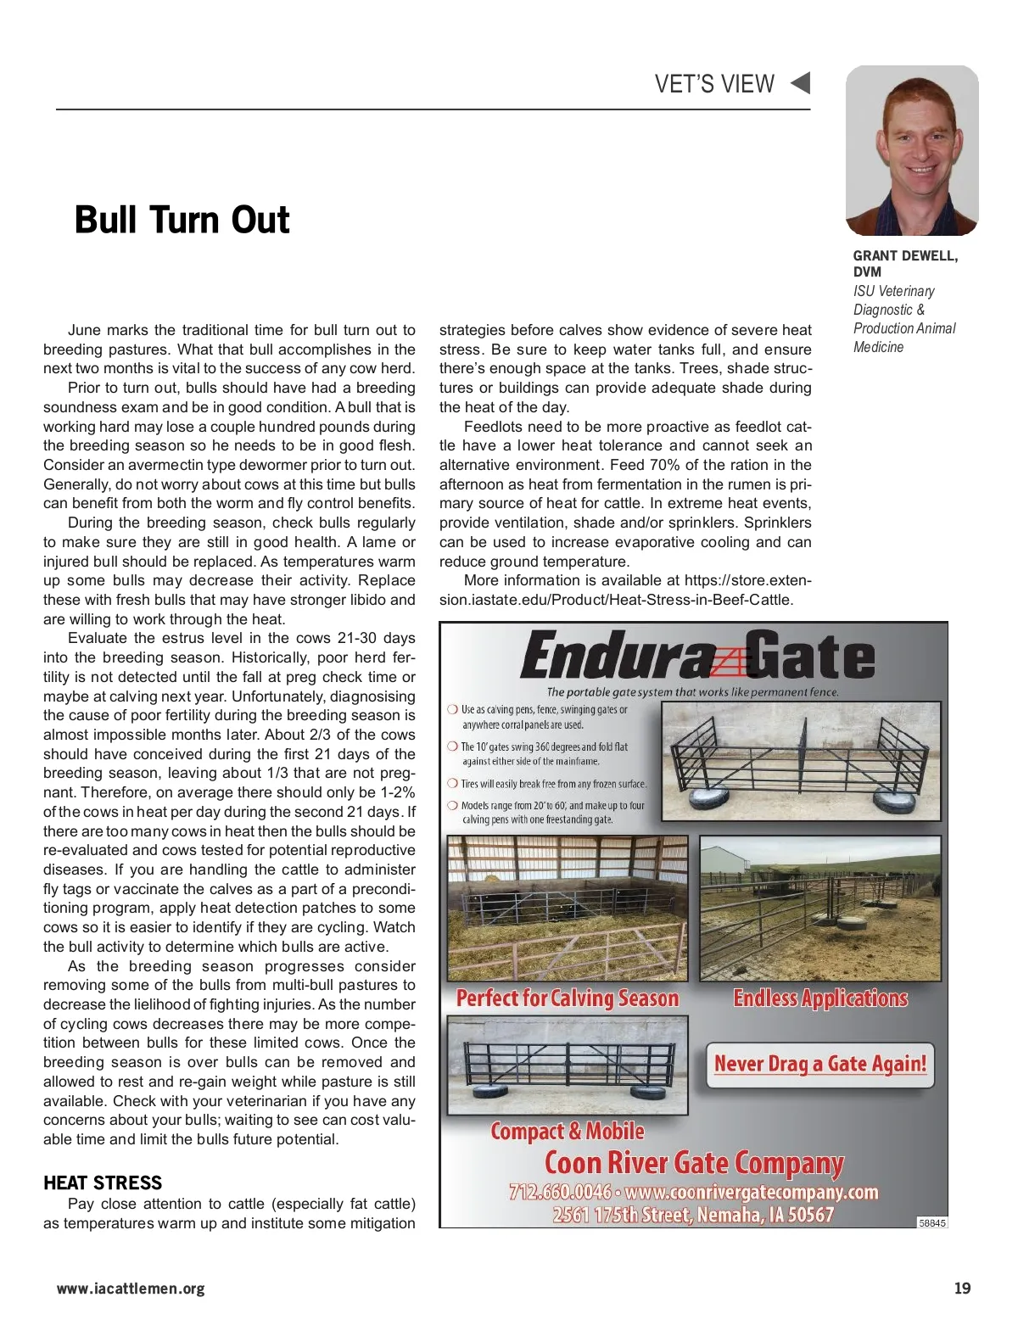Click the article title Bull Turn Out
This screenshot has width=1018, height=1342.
(x=182, y=220)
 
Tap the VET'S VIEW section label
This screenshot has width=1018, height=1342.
(x=714, y=84)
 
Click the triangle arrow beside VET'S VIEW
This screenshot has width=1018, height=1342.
(x=800, y=83)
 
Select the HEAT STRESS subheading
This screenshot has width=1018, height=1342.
(x=103, y=1183)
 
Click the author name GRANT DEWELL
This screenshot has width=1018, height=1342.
(x=904, y=255)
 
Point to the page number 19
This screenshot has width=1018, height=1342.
(x=962, y=1289)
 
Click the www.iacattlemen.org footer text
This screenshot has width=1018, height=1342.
(x=131, y=1289)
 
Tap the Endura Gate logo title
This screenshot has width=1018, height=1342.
(x=696, y=657)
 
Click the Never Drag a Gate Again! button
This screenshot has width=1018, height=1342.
(x=819, y=1064)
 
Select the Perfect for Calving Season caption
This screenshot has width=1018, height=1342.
(x=568, y=998)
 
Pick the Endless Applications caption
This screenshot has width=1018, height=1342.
(x=820, y=998)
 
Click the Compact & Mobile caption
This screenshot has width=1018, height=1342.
(x=567, y=1132)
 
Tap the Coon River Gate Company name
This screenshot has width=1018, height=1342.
(x=694, y=1163)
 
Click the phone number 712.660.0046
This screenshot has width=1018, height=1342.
(x=560, y=1192)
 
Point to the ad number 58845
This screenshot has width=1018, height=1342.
(x=932, y=1223)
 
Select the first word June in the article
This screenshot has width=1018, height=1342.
(x=84, y=330)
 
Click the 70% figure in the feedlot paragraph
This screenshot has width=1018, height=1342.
(x=668, y=465)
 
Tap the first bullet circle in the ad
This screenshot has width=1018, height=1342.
(x=452, y=709)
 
